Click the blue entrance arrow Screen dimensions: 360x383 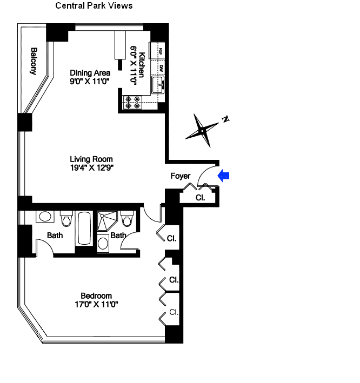(x=224, y=175)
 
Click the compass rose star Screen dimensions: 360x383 (x=202, y=130)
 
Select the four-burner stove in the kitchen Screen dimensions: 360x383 (x=133, y=102)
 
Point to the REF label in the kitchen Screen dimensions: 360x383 (x=161, y=52)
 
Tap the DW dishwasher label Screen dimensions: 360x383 (x=161, y=69)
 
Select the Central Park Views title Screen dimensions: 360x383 (x=94, y=5)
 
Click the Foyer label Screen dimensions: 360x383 (x=180, y=176)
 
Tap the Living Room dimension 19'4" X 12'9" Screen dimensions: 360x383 (x=91, y=167)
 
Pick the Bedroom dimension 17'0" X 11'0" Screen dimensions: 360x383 (x=96, y=304)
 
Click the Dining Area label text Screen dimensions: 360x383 (x=90, y=73)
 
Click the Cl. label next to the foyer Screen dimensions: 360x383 (x=200, y=198)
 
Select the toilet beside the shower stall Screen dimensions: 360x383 (x=128, y=220)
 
